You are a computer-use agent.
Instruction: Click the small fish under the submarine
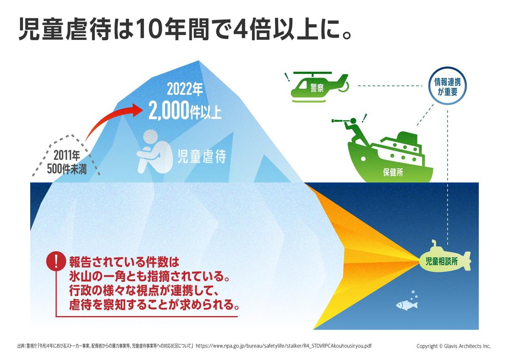click(x=406, y=305)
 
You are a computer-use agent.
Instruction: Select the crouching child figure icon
click(x=154, y=152)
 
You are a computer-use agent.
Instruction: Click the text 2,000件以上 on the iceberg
click(x=185, y=111)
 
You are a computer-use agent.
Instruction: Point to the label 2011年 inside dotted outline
click(x=67, y=156)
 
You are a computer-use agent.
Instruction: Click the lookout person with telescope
click(x=351, y=130)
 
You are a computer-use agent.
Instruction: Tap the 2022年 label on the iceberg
click(x=185, y=89)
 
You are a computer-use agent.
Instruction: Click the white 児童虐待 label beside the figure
click(x=201, y=156)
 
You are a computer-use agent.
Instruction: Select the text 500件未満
click(x=67, y=169)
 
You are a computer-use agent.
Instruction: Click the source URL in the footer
click(x=284, y=346)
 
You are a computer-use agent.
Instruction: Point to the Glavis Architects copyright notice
click(x=453, y=346)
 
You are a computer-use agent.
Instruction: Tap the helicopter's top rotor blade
click(x=313, y=73)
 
